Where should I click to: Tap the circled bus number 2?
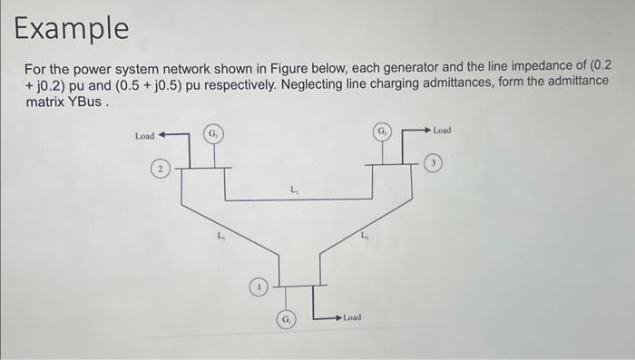(159, 170)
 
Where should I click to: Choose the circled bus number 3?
(436, 163)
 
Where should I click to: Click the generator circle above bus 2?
(212, 134)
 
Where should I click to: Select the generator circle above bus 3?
(382, 131)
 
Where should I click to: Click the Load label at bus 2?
(144, 136)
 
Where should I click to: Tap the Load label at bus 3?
(442, 131)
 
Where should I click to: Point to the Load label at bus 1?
(353, 317)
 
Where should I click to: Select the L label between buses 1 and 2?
(220, 238)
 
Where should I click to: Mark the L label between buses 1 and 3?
(363, 237)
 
